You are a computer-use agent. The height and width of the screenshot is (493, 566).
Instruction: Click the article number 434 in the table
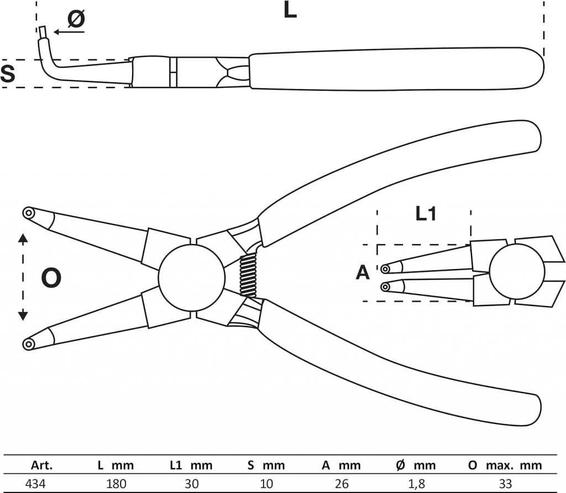pyautogui.click(x=36, y=484)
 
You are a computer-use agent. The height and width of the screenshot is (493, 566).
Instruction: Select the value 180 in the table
pyautogui.click(x=117, y=484)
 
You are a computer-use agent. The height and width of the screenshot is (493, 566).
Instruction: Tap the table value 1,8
pyautogui.click(x=417, y=484)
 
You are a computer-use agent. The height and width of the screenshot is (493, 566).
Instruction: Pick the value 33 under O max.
pyautogui.click(x=505, y=484)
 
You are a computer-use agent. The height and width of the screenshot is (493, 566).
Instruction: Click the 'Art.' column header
pyautogui.click(x=42, y=465)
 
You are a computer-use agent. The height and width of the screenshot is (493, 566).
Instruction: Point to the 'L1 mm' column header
pyautogui.click(x=190, y=465)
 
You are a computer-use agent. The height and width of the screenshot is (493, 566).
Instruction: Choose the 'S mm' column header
pyautogui.click(x=266, y=465)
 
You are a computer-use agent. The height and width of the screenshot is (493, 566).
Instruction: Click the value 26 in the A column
pyautogui.click(x=342, y=484)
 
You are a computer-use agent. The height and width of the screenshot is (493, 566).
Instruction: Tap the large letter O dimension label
pyautogui.click(x=51, y=278)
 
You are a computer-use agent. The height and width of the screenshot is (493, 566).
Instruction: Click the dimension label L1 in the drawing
pyautogui.click(x=425, y=214)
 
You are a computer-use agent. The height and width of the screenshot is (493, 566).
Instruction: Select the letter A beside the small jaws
pyautogui.click(x=362, y=272)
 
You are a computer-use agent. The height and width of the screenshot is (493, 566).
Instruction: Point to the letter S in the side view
pyautogui.click(x=7, y=74)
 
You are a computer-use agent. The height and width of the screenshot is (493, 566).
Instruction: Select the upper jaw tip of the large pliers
pyautogui.click(x=28, y=213)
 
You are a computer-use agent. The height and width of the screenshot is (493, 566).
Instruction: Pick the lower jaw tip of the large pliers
pyautogui.click(x=28, y=344)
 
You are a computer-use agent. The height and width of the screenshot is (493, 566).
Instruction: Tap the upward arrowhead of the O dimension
pyautogui.click(x=23, y=238)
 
